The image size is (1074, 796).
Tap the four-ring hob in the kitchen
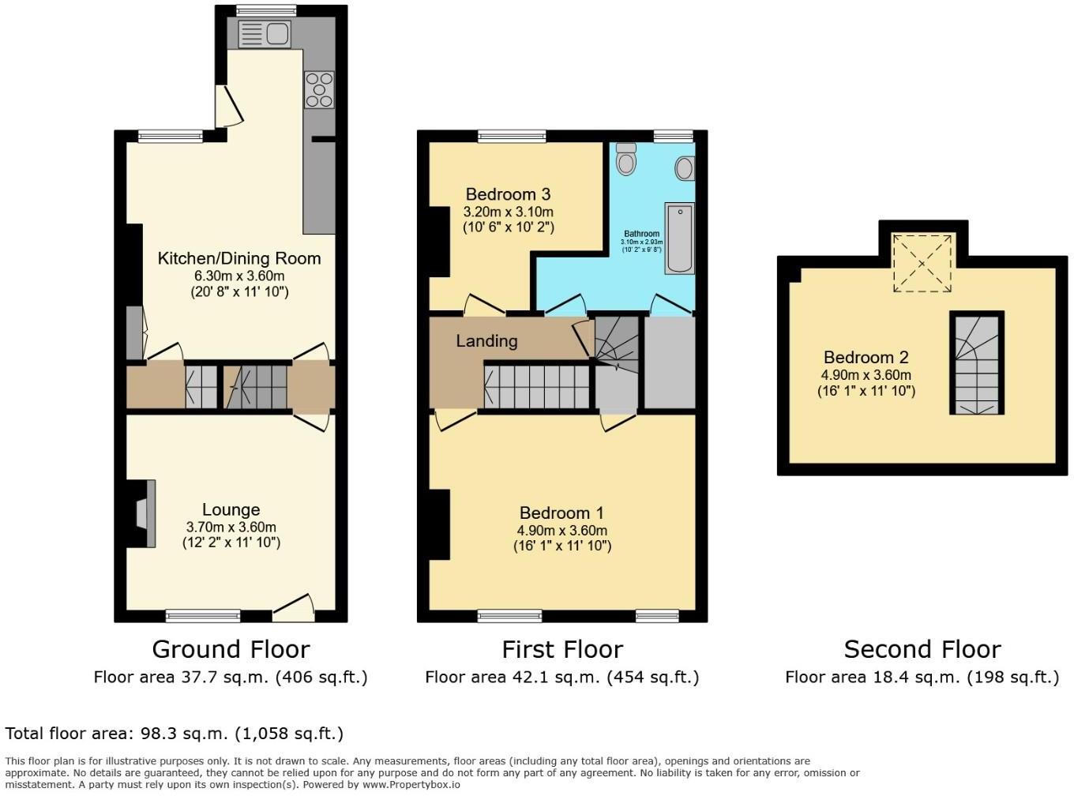point(320,89)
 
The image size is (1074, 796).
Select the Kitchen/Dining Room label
point(238,258)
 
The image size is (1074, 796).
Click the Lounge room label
point(231,510)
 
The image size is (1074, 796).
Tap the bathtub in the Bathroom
point(678,238)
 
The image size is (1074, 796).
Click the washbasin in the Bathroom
point(685,168)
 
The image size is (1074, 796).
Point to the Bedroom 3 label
point(508,194)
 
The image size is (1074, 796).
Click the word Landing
point(486,341)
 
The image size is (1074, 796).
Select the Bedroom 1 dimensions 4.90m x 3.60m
point(562,531)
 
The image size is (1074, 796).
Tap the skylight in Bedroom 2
point(922,263)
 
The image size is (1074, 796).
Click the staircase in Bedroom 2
point(977,363)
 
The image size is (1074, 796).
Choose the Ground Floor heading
point(231,649)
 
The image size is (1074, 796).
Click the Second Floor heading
point(922,649)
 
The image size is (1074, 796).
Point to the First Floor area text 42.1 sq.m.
point(561,677)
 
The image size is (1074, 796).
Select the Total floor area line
point(175,734)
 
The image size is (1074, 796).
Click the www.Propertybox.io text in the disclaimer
point(411,784)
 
